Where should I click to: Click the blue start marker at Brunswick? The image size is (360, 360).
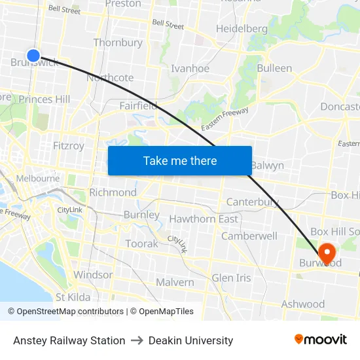[33, 56]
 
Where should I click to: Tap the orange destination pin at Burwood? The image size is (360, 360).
[326, 253]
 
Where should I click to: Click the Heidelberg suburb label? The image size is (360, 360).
[242, 29]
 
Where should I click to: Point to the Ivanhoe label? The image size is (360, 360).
[190, 68]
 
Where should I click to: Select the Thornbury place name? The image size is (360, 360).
[118, 43]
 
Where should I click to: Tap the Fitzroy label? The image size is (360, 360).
[68, 145]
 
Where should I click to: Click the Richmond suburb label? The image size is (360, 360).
[113, 192]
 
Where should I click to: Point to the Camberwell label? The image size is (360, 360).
[249, 236]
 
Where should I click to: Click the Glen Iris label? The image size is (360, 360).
[231, 278]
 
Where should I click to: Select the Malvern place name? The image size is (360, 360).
[175, 282]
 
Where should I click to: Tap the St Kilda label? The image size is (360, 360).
[73, 297]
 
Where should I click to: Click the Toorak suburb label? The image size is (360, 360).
[142, 243]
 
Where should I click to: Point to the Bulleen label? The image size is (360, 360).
[274, 68]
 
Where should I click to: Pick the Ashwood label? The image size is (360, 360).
[302, 304]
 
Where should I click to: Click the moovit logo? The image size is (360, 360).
[321, 339]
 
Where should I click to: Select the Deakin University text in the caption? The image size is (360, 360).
[190, 340]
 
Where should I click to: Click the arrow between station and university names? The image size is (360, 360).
[137, 340]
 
